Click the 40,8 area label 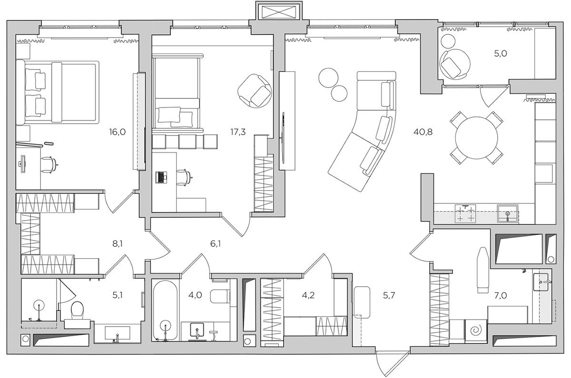423,132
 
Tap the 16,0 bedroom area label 117,132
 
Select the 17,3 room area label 238,132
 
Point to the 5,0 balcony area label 501,54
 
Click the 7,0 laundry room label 501,295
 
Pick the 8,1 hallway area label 117,244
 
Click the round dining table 476,138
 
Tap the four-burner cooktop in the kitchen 465,213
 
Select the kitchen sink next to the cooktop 508,213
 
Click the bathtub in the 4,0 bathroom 165,310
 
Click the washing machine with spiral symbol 476,331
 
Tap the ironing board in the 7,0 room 483,270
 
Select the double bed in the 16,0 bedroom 58,92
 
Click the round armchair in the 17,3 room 255,91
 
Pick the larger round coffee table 329,78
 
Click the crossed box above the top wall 279,12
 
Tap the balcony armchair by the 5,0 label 455,64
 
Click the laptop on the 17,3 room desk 161,177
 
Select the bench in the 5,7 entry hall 362,302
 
